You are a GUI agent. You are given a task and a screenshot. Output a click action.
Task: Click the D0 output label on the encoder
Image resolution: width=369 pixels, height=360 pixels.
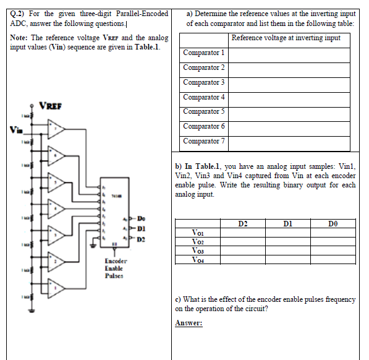[x=141, y=218]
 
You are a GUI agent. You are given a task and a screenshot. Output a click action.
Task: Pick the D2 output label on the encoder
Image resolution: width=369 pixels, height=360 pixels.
[x=141, y=238]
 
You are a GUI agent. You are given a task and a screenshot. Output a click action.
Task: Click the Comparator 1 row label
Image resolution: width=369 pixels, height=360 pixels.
[x=204, y=53]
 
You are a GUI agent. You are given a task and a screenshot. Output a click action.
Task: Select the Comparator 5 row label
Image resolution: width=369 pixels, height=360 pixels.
[x=204, y=111]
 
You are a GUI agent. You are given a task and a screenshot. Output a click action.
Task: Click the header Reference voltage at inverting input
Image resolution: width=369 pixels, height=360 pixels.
[x=286, y=38]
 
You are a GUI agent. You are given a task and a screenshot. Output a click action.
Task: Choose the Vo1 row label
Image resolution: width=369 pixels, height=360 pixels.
[x=198, y=232]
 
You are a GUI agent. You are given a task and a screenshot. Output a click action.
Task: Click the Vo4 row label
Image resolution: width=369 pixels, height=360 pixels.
[x=198, y=260]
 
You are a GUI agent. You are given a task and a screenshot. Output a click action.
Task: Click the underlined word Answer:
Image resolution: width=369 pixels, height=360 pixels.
[x=190, y=323]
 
